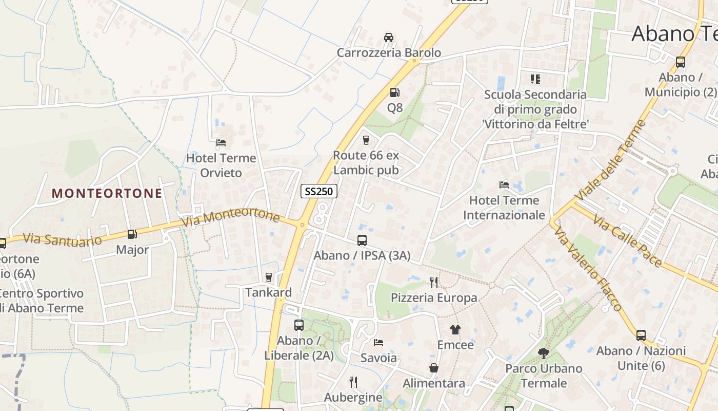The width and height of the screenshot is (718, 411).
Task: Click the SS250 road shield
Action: click(x=318, y=191)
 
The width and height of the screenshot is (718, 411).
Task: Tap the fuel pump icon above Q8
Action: click(x=395, y=92)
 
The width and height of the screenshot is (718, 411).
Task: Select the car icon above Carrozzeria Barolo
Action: click(x=389, y=38)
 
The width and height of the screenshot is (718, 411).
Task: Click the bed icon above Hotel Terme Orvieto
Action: click(x=221, y=143)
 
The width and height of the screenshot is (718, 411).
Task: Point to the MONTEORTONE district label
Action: click(x=107, y=193)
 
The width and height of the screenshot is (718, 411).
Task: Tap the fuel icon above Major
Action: click(x=132, y=234)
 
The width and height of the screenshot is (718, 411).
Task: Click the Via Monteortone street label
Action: click(x=231, y=217)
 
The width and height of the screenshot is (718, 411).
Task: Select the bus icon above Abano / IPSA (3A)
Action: click(x=362, y=240)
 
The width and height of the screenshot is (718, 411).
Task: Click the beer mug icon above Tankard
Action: click(x=268, y=277)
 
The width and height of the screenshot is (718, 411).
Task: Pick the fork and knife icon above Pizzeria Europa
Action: click(x=434, y=282)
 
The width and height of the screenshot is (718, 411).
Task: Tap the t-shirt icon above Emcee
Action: click(x=455, y=329)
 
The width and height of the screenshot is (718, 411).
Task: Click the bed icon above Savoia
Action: click(x=378, y=342)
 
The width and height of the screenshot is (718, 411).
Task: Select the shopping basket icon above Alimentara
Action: click(x=434, y=368)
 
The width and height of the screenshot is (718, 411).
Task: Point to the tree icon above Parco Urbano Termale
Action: click(x=544, y=353)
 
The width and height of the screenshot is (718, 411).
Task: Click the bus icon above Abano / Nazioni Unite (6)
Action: click(x=641, y=335)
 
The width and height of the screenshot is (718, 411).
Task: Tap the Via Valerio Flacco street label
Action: click(x=588, y=269)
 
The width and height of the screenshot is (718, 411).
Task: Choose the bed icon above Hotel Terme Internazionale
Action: click(x=504, y=185)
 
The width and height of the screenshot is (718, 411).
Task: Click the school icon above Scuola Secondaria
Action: click(x=535, y=79)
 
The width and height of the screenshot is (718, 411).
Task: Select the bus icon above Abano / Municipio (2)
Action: click(x=681, y=62)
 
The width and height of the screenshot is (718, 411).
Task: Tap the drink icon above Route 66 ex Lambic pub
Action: click(x=366, y=140)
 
